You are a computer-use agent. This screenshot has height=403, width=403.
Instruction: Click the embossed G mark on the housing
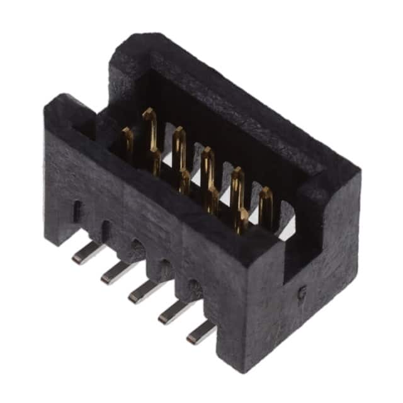pos(302,291)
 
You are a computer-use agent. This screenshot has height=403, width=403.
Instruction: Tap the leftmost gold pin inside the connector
pos(127,142)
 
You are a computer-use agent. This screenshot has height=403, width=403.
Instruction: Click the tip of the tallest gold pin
pos(149,115)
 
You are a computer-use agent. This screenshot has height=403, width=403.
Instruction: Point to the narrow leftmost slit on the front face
pos(77,211)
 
